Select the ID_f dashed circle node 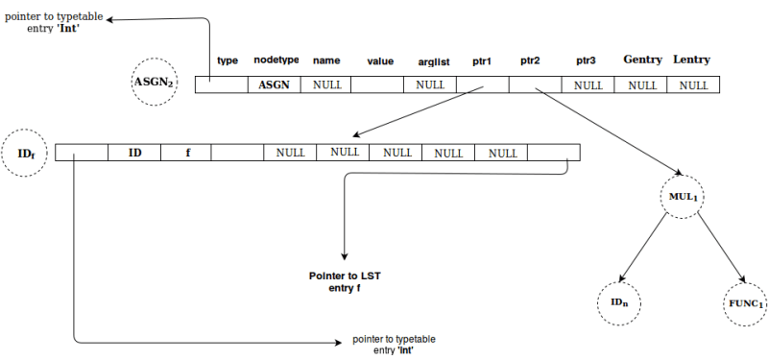[x=26, y=154]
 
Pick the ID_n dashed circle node [x=619, y=304]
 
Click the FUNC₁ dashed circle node [x=746, y=304]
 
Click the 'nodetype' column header [x=276, y=60]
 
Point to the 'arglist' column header [x=434, y=61]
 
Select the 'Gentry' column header [x=642, y=60]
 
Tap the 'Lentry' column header [x=691, y=60]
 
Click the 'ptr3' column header [x=588, y=61]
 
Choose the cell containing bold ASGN [x=275, y=84]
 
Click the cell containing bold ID [x=135, y=153]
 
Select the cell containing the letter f [x=187, y=153]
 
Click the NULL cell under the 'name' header [x=327, y=84]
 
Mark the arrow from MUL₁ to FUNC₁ [x=719, y=247]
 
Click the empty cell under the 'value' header [x=378, y=84]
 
